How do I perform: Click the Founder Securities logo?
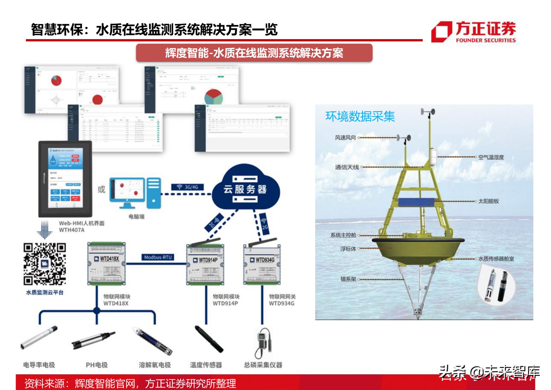pyautogui.click(x=473, y=32)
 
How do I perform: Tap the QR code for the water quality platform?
pyautogui.click(x=44, y=264)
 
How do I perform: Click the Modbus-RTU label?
pyautogui.click(x=158, y=257)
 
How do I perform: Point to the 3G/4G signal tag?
pyautogui.click(x=188, y=187)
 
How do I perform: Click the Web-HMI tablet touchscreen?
pyautogui.click(x=65, y=178)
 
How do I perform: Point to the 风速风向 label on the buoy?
pyautogui.click(x=345, y=137)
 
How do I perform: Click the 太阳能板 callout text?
pyautogui.click(x=488, y=201)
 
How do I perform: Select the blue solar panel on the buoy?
pyautogui.click(x=416, y=202)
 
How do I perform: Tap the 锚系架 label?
pyautogui.click(x=348, y=279)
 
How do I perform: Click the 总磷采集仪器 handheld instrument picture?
pyautogui.click(x=264, y=342)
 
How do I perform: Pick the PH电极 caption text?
pyautogui.click(x=97, y=365)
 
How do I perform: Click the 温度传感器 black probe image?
pyautogui.click(x=209, y=339)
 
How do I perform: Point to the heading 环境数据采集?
pyautogui.click(x=360, y=116)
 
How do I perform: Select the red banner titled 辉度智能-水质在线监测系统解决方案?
pyautogui.click(x=254, y=53)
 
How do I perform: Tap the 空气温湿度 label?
pyautogui.click(x=491, y=157)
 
